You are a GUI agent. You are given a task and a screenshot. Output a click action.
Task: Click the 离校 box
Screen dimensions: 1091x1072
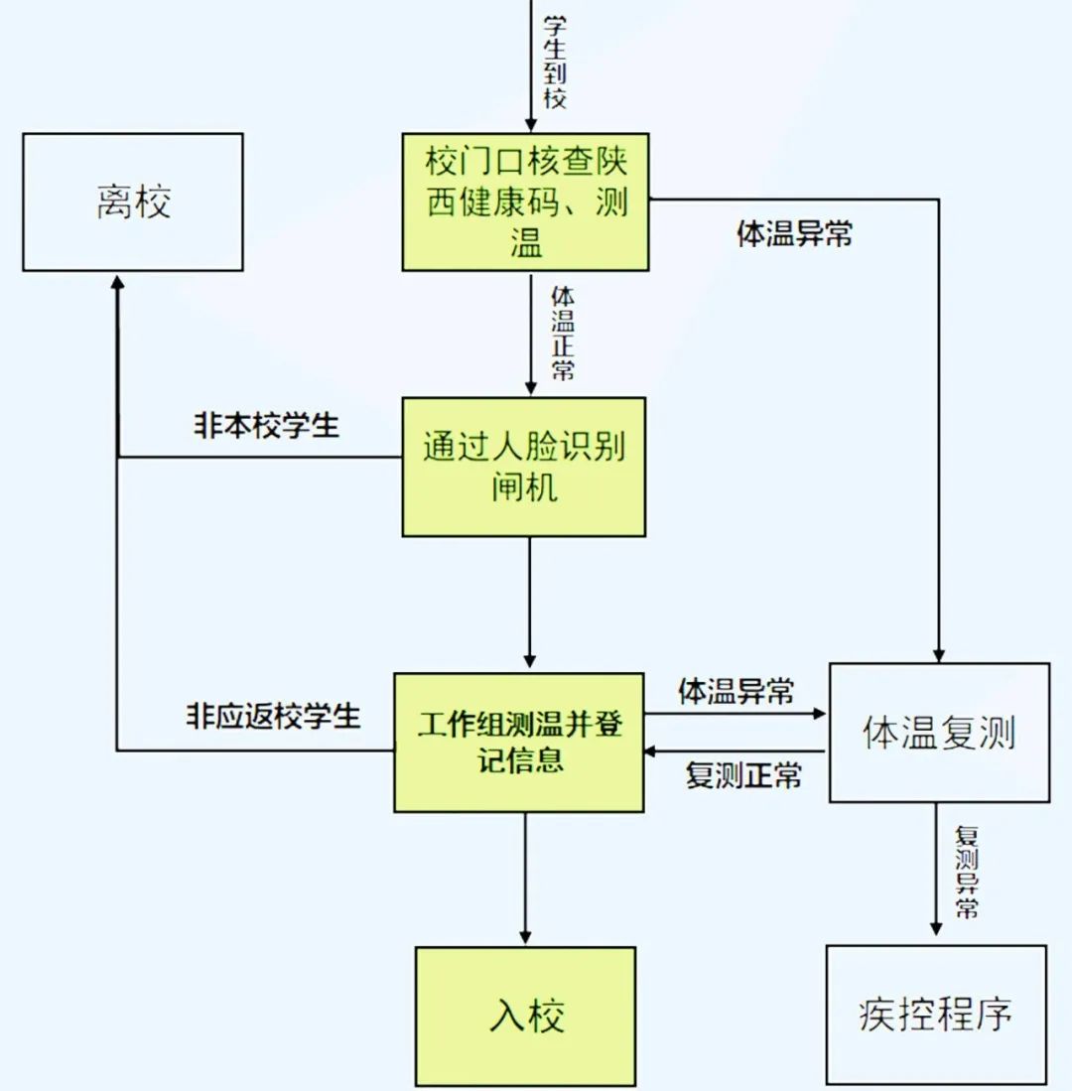pyautogui.click(x=133, y=203)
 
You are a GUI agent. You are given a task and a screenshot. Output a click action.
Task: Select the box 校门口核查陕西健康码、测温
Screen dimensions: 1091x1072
pyautogui.click(x=525, y=202)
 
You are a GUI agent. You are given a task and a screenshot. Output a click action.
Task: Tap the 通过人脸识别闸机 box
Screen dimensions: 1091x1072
pyautogui.click(x=524, y=467)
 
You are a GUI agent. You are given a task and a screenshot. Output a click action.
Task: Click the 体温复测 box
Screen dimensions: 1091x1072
pyautogui.click(x=938, y=733)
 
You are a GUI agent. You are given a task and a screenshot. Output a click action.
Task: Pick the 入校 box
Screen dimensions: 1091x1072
pyautogui.click(x=525, y=1016)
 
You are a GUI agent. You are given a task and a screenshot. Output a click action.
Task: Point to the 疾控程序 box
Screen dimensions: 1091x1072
pyautogui.click(x=935, y=1015)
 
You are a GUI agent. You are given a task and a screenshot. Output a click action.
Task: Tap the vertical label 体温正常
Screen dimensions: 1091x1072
pyautogui.click(x=562, y=333)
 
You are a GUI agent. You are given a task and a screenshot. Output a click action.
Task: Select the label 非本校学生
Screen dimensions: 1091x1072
pyautogui.click(x=265, y=426)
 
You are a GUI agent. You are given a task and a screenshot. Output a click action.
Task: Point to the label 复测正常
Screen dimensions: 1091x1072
pyautogui.click(x=743, y=775)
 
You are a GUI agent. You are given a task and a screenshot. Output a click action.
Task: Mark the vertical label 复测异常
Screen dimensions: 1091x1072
pyautogui.click(x=966, y=871)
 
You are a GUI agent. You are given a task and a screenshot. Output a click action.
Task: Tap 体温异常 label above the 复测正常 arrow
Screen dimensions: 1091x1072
pyautogui.click(x=737, y=691)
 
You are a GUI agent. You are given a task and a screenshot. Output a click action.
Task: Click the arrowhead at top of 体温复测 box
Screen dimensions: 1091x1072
pyautogui.click(x=938, y=654)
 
